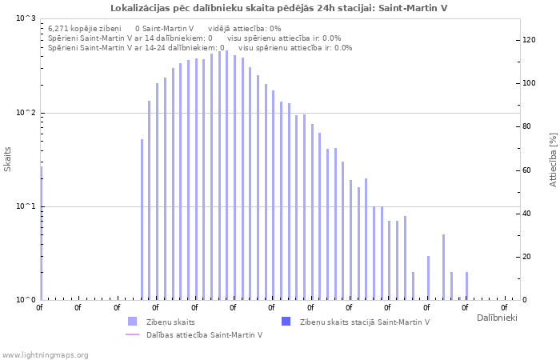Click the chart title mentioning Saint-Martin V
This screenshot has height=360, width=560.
(x=279, y=8)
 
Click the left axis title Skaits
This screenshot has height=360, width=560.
(x=8, y=159)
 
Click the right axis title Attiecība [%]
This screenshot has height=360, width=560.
(x=552, y=160)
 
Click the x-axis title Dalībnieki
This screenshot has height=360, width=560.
(x=497, y=318)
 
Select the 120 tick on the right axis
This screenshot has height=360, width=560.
(x=529, y=40)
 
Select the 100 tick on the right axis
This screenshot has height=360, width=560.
(x=529, y=83)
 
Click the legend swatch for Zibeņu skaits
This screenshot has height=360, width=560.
(x=133, y=322)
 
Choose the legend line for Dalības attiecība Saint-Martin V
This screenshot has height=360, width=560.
(x=133, y=335)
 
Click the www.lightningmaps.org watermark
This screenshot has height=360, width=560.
(x=45, y=354)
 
